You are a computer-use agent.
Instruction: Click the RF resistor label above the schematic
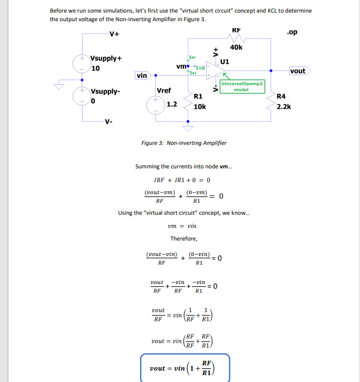coord(236,30)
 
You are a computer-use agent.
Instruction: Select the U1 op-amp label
coord(225,61)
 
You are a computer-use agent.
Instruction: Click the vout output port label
coord(298,71)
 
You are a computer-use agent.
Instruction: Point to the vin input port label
coord(142,75)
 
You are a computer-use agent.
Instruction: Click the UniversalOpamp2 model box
coord(241,86)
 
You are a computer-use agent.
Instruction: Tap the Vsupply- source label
coord(105,91)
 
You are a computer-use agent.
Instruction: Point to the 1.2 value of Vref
coord(171,104)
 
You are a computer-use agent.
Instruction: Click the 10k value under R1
coord(200,107)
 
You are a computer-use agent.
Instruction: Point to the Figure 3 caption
coord(183,143)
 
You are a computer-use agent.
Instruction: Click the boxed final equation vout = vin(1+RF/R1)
coord(185,368)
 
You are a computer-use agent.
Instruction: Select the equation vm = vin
coord(183,226)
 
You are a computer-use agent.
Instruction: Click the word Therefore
coord(183,238)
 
